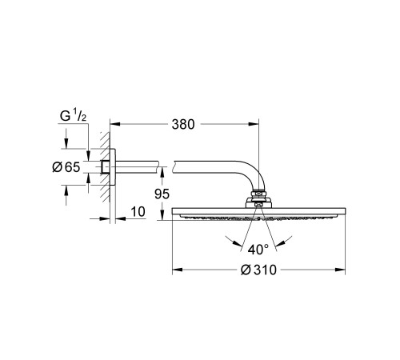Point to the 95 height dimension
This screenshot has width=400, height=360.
161,193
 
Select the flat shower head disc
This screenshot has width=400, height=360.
257,213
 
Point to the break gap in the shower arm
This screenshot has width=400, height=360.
171,166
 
